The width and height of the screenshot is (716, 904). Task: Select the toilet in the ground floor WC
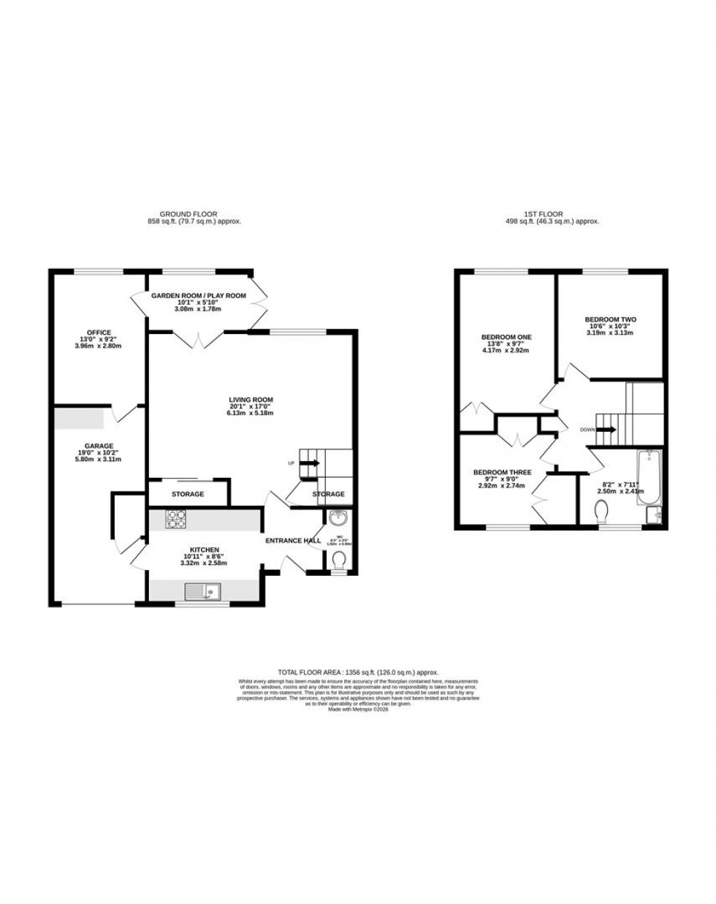(x=338, y=561)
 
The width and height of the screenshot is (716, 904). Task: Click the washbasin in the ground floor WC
(x=338, y=519)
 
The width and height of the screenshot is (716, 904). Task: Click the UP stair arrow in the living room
(x=310, y=463)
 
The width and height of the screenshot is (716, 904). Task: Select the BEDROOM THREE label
(x=502, y=473)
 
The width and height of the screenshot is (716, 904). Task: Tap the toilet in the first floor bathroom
(x=603, y=509)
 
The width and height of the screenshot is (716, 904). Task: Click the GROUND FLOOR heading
(x=189, y=214)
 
